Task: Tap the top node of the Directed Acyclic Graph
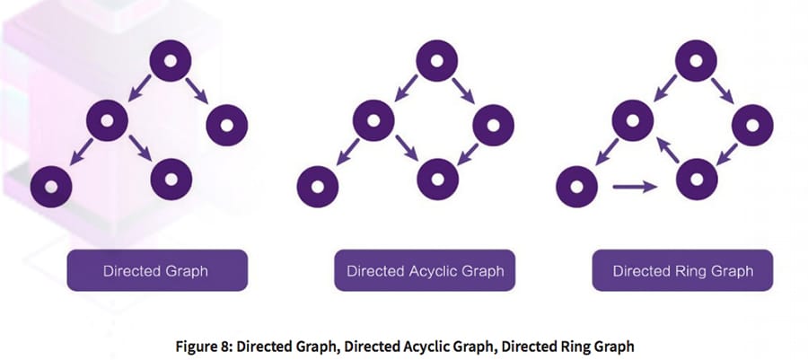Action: (435, 61)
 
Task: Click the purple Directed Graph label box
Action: (157, 269)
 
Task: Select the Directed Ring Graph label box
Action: (682, 269)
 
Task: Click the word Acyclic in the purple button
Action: (432, 269)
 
